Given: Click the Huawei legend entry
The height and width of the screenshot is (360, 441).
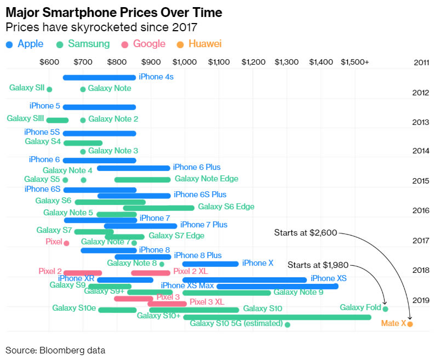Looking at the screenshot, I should point(200,44).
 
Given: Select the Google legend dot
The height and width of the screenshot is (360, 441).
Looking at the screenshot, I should point(125,44).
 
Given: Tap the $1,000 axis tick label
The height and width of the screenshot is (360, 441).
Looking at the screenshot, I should point(184,62).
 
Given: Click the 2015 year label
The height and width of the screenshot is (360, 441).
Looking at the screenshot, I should point(420,181).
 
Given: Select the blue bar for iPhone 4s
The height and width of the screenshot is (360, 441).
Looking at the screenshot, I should point(99,77).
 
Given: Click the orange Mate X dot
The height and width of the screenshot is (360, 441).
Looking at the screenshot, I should point(410,324).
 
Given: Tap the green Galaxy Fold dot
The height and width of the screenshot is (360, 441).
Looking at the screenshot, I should point(385,309).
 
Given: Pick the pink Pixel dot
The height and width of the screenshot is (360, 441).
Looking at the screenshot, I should point(66,243).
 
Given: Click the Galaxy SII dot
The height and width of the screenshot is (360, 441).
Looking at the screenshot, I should point(49,89).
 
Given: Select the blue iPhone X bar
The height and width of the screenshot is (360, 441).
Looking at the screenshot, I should point(210,264).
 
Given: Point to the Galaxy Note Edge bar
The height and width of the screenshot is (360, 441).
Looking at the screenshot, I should point(142,179).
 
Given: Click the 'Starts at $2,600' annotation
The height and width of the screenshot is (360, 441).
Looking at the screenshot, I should point(306,233).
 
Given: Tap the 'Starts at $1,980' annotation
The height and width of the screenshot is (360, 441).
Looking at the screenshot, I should point(318,266).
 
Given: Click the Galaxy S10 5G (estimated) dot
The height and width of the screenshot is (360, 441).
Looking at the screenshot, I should point(288,324).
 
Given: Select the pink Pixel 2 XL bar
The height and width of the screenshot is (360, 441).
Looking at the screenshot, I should point(151,273).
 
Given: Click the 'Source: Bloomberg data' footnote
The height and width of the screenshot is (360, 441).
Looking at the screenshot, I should point(55,350).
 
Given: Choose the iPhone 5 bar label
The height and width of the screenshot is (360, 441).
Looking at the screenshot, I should point(44,106).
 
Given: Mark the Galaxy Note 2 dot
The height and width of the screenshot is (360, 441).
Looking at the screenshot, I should point(83,120).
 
